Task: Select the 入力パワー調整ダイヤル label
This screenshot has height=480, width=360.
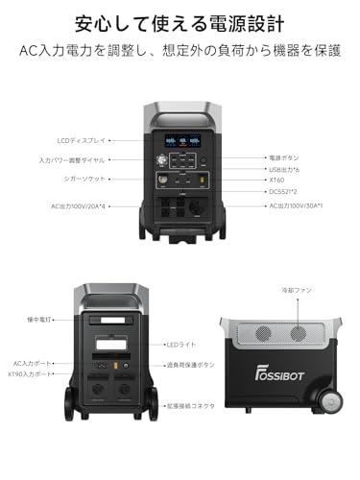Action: tap(71, 160)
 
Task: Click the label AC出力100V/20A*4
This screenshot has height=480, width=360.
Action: tap(76, 205)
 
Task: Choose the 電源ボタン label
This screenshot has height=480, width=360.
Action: tap(283, 156)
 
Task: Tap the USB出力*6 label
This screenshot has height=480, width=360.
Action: tap(283, 169)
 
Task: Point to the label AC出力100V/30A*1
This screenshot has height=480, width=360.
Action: tap(295, 205)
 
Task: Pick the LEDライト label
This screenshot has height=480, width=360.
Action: tap(181, 346)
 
